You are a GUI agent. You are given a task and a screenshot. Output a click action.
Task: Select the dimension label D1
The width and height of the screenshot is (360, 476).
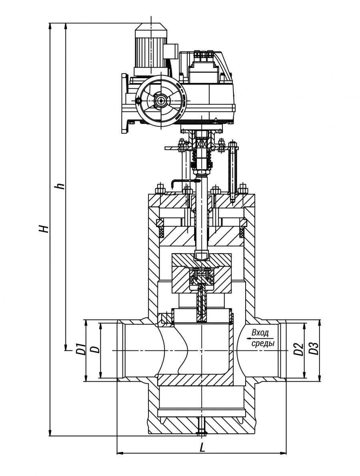pyautogui.click(x=80, y=350)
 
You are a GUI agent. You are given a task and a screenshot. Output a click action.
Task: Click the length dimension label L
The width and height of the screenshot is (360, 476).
pyautogui.click(x=202, y=448)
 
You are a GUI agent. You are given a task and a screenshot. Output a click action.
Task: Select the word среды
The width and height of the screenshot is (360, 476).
pyautogui.click(x=262, y=343)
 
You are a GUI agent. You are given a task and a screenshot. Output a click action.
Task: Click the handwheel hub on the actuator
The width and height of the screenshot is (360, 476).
pyautogui.click(x=161, y=100)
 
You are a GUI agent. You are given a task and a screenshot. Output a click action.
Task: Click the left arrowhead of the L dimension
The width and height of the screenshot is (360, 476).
pyautogui.click(x=119, y=453)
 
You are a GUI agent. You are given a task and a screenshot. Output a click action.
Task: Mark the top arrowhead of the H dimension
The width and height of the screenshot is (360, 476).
pyautogui.click(x=50, y=26)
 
